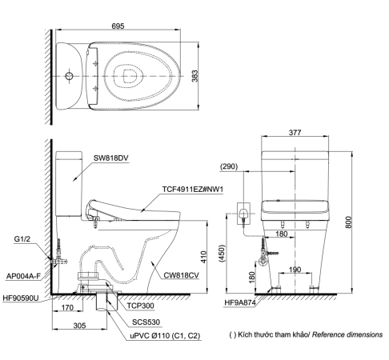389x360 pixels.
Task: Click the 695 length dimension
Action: pos(118,26)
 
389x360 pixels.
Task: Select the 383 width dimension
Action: pos(195,76)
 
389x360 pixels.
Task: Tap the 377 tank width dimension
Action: pos(295,132)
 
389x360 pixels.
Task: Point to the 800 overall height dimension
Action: pos(348,222)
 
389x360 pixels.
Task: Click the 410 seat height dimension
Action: pos(203,257)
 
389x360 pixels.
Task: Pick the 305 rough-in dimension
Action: pos(79,326)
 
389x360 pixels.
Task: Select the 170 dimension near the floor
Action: pos(67,307)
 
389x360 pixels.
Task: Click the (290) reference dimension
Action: pos(229,166)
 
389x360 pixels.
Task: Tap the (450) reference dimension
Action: pos(222,254)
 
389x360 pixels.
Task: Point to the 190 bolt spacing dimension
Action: pos(295,270)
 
